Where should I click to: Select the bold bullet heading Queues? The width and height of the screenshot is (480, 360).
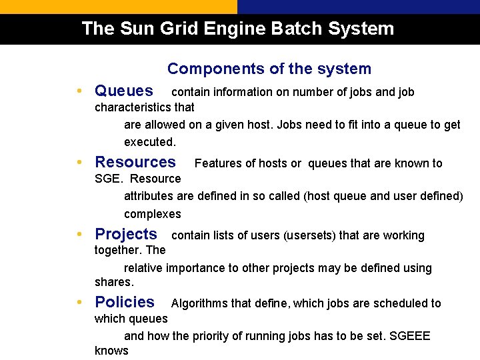[x=124, y=91]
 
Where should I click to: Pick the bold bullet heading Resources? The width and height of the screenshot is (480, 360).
[x=135, y=162]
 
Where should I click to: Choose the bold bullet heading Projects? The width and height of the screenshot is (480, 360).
[x=126, y=234]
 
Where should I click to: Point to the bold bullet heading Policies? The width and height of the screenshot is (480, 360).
[x=125, y=302]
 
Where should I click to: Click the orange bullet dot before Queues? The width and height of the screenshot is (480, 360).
[x=79, y=91]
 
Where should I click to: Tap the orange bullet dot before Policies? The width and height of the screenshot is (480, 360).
[x=79, y=302]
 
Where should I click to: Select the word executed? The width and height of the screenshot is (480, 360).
[x=150, y=142]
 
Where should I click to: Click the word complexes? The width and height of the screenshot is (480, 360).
[x=153, y=214]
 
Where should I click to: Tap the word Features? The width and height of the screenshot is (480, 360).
[x=219, y=163]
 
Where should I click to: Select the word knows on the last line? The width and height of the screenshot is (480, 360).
[x=111, y=351]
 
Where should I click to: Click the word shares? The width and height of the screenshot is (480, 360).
[x=115, y=283]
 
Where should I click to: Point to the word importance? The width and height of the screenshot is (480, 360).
[x=197, y=268]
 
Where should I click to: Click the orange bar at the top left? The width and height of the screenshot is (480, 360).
[x=119, y=7]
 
